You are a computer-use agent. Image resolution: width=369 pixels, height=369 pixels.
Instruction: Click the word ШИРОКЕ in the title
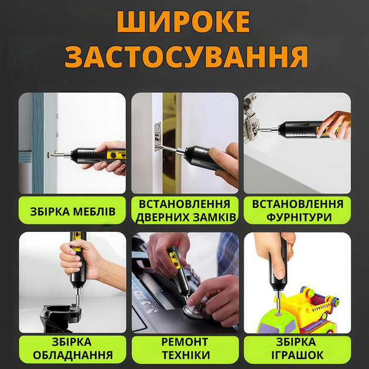pos(183,22)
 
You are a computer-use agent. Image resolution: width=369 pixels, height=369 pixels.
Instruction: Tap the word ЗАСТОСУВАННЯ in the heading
pos(186,57)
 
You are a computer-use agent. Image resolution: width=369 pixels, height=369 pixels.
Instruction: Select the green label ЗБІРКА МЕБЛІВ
pos(72,210)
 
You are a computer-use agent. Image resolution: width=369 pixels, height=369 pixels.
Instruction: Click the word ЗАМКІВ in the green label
pos(214,217)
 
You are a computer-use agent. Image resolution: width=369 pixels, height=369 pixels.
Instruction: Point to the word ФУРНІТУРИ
pos(299,217)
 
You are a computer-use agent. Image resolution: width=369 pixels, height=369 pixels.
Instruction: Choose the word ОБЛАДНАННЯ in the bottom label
pos(73,355)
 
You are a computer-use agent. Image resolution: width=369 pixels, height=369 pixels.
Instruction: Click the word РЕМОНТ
pos(184,341)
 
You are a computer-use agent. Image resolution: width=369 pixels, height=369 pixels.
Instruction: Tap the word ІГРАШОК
pos(298,355)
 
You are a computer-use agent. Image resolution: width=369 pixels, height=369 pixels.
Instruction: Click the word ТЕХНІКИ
pos(186,355)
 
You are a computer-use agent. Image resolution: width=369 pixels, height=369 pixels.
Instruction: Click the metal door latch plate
pos(158,136)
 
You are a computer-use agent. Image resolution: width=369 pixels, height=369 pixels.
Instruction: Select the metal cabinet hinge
pos(252,118)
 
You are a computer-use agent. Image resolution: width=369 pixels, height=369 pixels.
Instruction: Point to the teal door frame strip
pos(38,143)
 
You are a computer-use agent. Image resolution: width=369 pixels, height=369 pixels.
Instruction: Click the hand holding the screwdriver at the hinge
pos(334,125)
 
